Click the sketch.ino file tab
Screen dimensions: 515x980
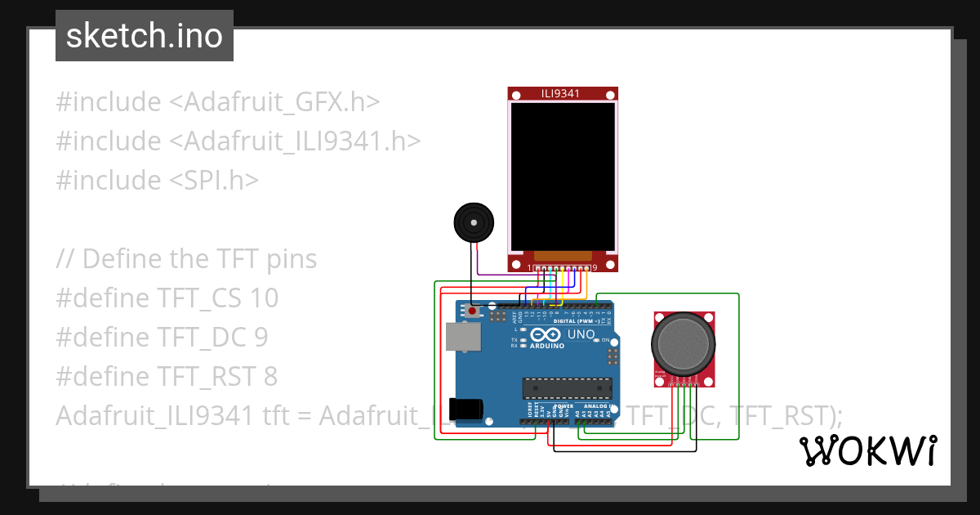coord(144,36)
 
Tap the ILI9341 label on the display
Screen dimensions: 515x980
coord(560,93)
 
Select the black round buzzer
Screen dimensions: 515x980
coord(474,223)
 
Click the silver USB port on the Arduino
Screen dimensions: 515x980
coord(463,337)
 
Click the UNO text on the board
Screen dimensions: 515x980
coord(581,335)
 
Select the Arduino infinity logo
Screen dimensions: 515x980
coord(546,335)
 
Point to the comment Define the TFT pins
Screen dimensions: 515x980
coord(199,258)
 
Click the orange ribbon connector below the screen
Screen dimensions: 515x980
coord(562,256)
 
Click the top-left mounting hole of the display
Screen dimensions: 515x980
coord(516,96)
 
